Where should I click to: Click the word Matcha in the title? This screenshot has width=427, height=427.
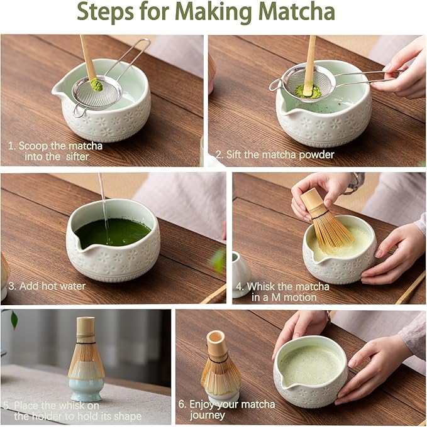[296, 13]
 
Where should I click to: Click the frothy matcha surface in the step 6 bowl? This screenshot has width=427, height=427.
[311, 364]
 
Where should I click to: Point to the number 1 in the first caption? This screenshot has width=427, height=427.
[11, 145]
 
